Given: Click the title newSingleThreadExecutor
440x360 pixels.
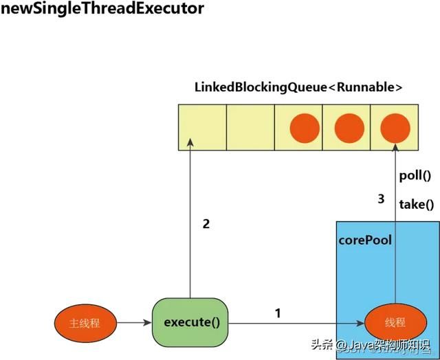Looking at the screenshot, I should click(103, 10).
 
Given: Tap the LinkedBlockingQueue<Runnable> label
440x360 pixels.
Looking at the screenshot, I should click(298, 88).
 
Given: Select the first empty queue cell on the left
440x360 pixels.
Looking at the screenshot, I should click(202, 127).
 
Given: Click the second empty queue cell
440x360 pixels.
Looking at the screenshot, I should click(250, 127).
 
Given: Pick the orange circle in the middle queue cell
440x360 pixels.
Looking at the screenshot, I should click(305, 128).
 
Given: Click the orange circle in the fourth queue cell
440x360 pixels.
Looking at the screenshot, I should click(349, 128).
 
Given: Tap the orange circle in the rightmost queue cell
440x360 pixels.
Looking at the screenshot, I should click(395, 128).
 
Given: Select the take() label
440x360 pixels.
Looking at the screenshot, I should click(417, 204).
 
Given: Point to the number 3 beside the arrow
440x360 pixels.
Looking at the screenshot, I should click(381, 200).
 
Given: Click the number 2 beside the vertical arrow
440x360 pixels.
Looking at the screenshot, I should click(206, 223).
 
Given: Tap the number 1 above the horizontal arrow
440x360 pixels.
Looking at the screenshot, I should click(278, 313).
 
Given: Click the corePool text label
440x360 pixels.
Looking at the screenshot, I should click(365, 241).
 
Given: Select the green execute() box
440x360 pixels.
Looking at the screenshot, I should click(191, 322).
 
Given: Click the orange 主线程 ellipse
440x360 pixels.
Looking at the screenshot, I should click(85, 322).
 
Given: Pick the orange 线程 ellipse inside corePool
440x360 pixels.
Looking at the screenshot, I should click(395, 322).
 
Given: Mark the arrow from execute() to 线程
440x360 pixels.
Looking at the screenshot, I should click(296, 322).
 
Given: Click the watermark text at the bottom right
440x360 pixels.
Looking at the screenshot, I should click(371, 346).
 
